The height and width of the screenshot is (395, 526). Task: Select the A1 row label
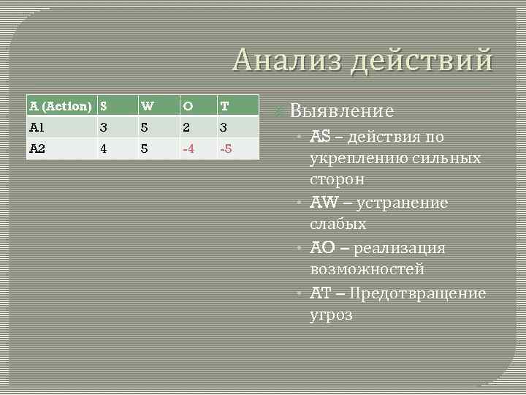[37, 127]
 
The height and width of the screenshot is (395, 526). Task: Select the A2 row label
[38, 148]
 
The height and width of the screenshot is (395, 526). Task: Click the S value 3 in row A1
[106, 127]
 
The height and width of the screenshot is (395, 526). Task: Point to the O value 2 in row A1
[188, 127]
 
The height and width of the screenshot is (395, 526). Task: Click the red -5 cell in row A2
[228, 148]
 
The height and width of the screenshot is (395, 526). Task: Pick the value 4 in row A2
[106, 148]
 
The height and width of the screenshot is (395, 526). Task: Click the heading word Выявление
[342, 111]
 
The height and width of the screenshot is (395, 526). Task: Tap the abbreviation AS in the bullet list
[321, 137]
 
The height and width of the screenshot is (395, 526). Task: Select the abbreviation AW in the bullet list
[324, 203]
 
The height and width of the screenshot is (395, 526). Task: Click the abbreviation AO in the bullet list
[322, 248]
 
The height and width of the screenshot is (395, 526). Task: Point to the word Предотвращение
[417, 293]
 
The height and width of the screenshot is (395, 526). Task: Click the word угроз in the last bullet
[332, 315]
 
